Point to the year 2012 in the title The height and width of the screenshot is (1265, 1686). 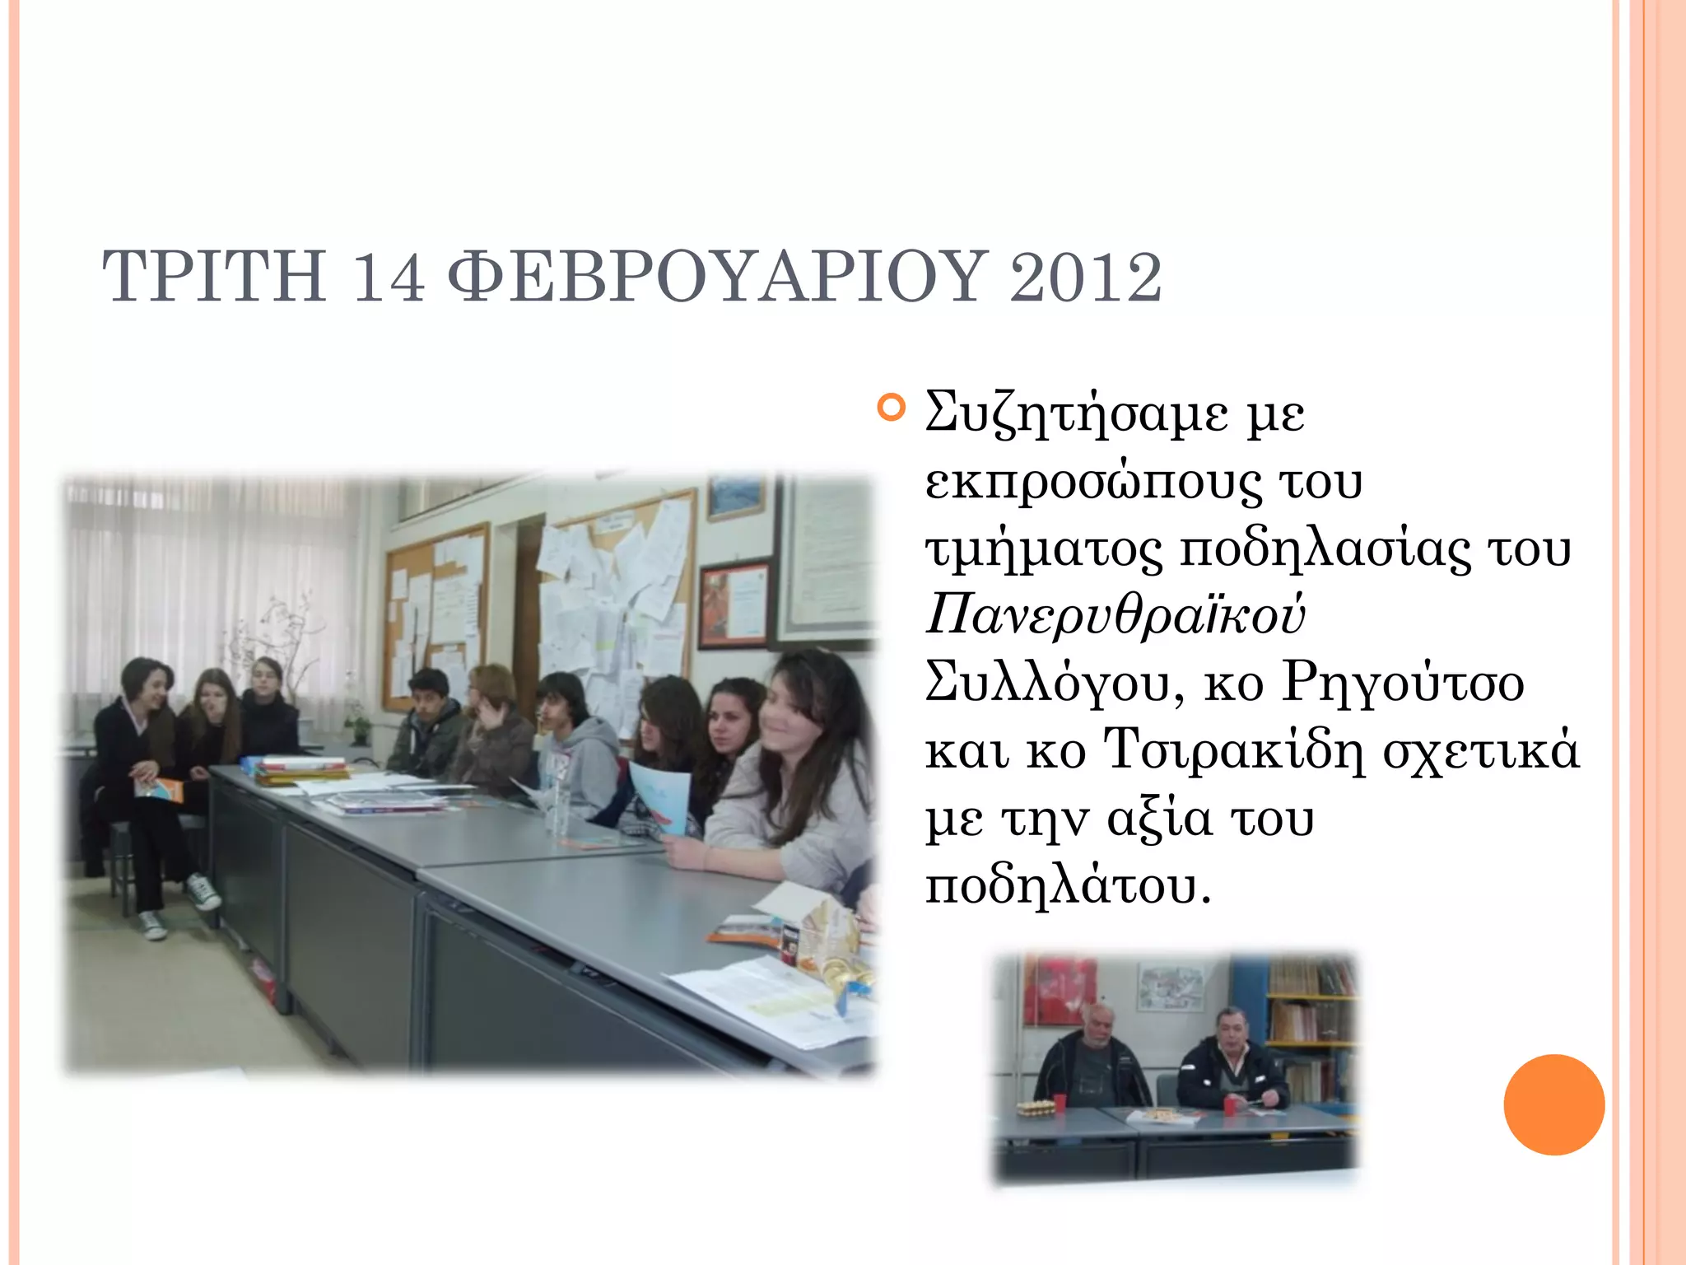coord(1085,277)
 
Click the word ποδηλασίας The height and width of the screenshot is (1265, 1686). coord(1325,549)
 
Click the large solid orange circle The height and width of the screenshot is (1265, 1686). coord(1553,1104)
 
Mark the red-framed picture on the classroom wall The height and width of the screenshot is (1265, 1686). coord(734,603)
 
